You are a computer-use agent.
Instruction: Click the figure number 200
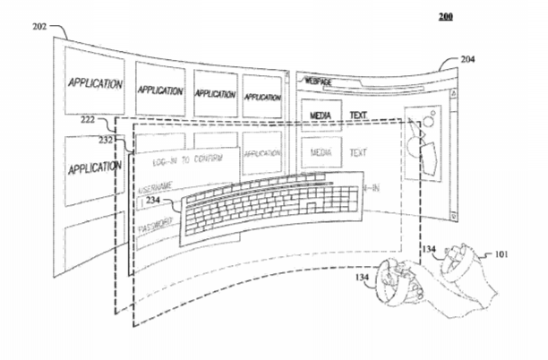coord(446,16)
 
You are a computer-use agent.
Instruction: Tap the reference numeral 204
coord(468,60)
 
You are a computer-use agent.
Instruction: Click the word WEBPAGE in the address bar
coord(320,81)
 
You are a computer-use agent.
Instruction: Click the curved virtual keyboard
coord(269,210)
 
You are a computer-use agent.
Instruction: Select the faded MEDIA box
coord(321,153)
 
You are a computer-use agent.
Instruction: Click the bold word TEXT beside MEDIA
coord(359,115)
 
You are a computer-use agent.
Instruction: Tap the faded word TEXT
coord(359,153)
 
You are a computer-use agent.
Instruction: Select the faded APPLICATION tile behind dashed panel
coord(261,153)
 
